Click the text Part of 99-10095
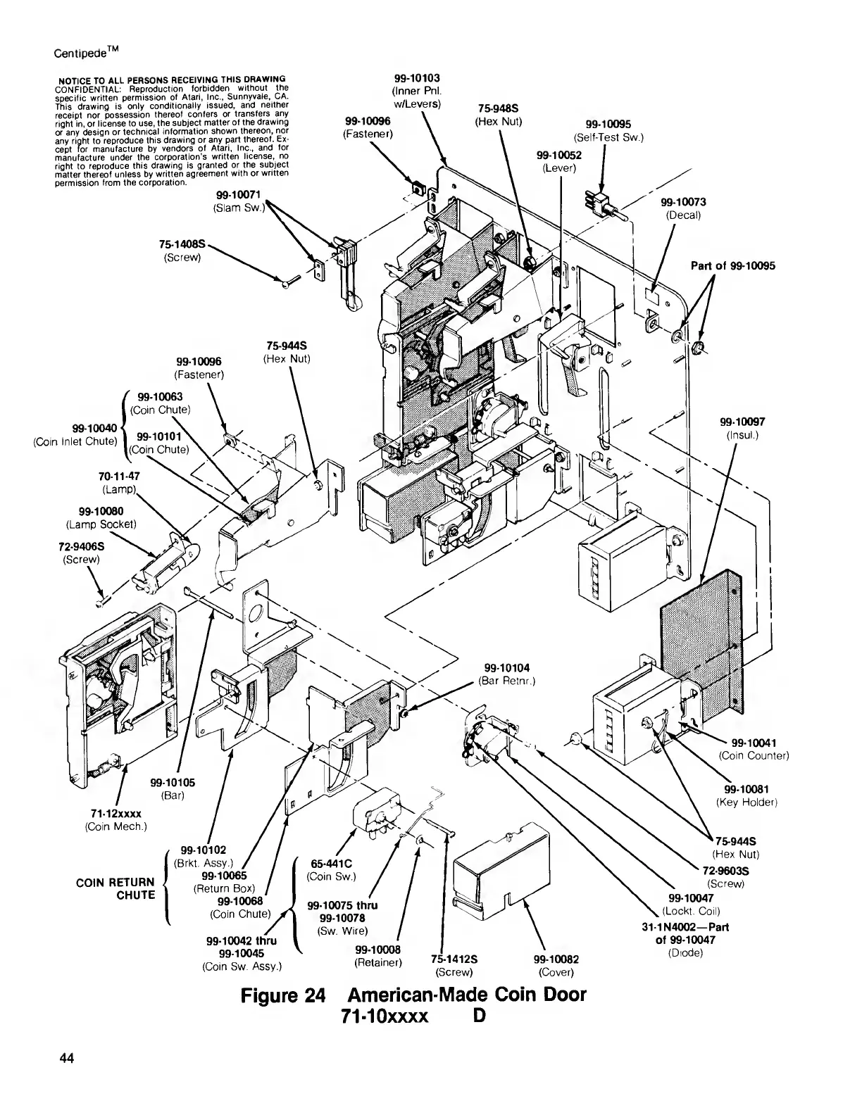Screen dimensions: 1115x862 point(733,265)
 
